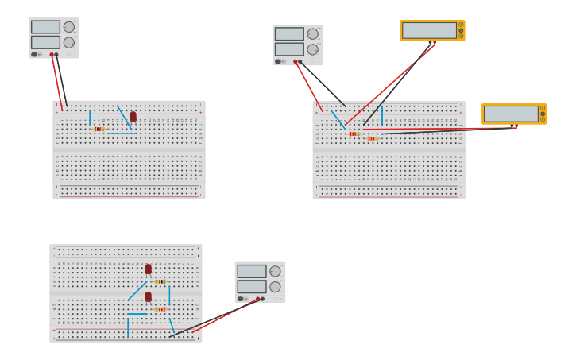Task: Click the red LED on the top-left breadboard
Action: tap(133, 116)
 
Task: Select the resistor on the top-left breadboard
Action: tap(99, 129)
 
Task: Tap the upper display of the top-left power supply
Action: tap(45, 27)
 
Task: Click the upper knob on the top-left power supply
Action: tap(69, 27)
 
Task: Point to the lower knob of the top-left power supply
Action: tap(69, 43)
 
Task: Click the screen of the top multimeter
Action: tap(429, 30)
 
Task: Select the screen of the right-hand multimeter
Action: tap(511, 114)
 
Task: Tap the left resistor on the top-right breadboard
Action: tap(354, 134)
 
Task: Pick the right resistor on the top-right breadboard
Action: tap(373, 138)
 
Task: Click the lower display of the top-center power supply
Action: tap(289, 49)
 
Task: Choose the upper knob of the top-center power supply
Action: tap(313, 34)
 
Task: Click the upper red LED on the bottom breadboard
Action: tap(148, 269)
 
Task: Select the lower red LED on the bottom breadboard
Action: tap(148, 296)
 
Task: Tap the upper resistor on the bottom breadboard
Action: tap(160, 281)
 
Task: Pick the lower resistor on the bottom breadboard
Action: tap(160, 309)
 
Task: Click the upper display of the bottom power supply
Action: tap(251, 271)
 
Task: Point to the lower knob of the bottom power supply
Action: tap(275, 287)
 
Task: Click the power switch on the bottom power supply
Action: tap(241, 299)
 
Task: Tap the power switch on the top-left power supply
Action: tap(34, 55)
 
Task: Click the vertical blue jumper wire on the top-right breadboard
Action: tap(382, 115)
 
